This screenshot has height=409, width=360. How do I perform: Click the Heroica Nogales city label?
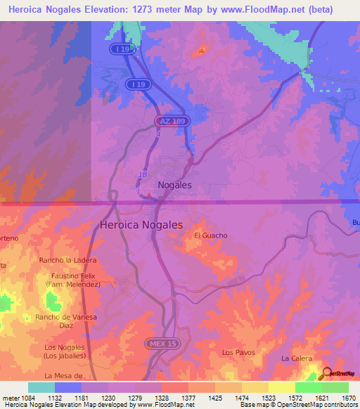(141, 225)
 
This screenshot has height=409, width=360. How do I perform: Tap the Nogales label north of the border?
(174, 186)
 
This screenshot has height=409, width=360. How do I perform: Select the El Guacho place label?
(211, 235)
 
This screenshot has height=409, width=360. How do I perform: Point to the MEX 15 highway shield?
(160, 343)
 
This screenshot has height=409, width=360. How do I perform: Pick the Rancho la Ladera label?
(68, 261)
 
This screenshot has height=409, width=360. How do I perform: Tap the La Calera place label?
(296, 358)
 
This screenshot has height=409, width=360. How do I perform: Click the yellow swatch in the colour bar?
(281, 387)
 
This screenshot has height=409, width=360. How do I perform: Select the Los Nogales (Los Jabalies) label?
(64, 351)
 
